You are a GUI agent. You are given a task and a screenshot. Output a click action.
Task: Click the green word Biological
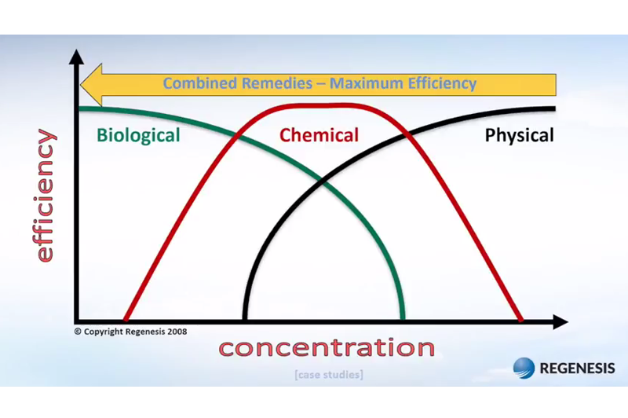[138, 135]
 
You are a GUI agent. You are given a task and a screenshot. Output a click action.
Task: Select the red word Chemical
[319, 135]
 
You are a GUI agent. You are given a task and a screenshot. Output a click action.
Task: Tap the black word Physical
[520, 135]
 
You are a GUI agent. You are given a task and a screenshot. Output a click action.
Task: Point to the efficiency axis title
[45, 196]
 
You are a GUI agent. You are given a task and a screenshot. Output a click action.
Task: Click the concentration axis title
[327, 347]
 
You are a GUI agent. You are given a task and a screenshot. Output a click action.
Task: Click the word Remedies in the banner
[277, 83]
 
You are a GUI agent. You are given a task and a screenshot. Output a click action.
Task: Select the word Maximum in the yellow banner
[366, 83]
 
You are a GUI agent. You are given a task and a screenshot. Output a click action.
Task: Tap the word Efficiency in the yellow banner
[442, 84]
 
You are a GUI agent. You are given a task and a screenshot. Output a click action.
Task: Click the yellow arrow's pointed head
[82, 85]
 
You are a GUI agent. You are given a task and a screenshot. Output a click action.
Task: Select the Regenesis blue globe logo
[524, 368]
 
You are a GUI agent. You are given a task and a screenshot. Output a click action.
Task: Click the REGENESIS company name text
[577, 368]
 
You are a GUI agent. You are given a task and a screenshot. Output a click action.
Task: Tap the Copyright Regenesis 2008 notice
[130, 332]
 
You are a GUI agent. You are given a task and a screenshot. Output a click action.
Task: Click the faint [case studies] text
[329, 375]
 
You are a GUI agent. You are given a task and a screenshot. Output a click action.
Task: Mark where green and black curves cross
[323, 181]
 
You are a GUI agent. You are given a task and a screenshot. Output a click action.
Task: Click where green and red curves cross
[237, 136]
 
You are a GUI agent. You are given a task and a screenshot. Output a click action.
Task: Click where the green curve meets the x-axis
[403, 320]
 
